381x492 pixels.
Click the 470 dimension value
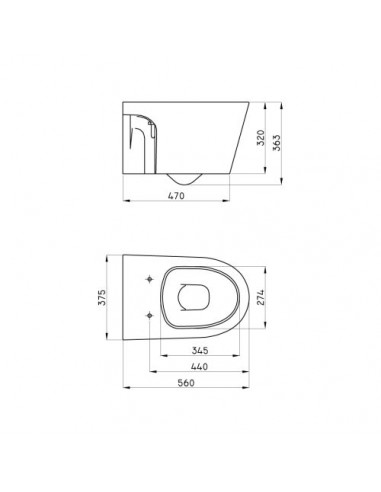click(x=176, y=195)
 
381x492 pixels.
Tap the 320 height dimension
click(x=261, y=138)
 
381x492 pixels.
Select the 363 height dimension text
click(x=277, y=143)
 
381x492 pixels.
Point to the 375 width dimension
click(x=102, y=297)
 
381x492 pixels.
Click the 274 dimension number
click(x=260, y=297)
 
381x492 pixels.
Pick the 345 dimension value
click(x=200, y=350)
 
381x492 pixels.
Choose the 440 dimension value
click(x=199, y=366)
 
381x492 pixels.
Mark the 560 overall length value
click(x=186, y=383)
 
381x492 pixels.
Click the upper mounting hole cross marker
click(x=150, y=279)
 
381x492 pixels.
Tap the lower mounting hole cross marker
click(x=150, y=315)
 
